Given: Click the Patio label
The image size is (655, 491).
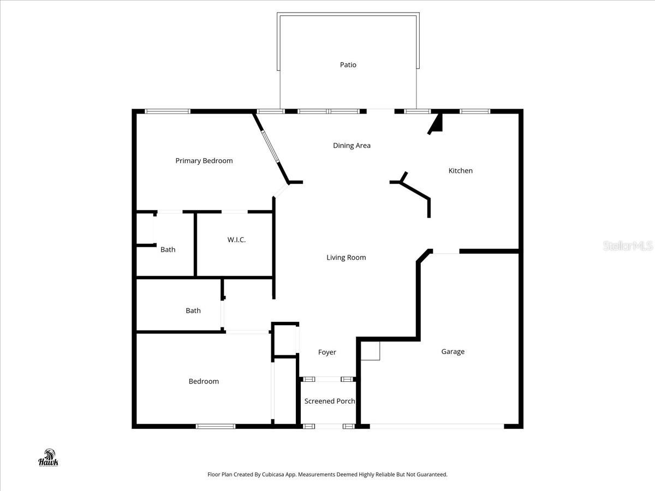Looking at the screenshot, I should click(348, 65).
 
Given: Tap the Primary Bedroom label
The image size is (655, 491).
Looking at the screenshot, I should click(204, 160).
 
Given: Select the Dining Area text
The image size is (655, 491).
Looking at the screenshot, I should click(352, 146).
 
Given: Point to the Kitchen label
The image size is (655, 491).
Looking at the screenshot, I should click(460, 171).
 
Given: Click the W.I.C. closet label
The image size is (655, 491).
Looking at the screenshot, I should click(236, 239).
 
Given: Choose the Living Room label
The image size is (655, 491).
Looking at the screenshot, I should click(346, 258).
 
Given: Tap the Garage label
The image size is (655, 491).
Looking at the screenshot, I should click(452, 352).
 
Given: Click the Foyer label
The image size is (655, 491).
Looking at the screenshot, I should click(327, 352).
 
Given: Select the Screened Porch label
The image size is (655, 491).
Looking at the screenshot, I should click(329, 401).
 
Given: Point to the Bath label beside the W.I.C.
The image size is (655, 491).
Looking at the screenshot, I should click(168, 249).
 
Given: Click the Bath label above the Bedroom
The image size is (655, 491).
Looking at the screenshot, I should click(193, 310).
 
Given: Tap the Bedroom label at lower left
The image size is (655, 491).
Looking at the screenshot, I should click(204, 381).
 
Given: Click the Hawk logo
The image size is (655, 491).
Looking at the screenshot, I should click(48, 458).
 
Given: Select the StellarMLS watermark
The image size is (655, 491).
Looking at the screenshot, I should click(628, 246).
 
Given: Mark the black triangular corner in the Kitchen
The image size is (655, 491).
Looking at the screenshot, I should click(436, 125).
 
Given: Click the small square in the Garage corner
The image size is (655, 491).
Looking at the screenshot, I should click(371, 352).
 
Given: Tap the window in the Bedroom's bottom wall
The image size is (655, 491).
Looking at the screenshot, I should click(216, 426).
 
